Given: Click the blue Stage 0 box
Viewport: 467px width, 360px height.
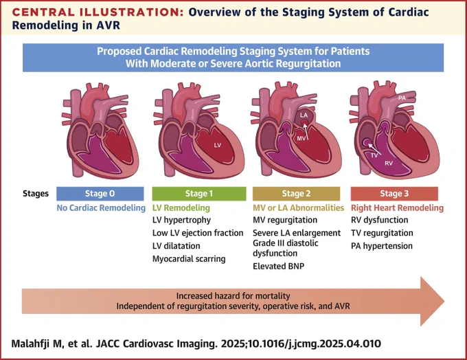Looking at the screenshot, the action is (100, 194).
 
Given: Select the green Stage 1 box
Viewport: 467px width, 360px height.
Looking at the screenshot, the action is (199, 194).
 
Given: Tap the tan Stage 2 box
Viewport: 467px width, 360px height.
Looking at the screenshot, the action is (297, 194).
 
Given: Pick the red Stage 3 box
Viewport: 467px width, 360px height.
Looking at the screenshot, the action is (394, 194).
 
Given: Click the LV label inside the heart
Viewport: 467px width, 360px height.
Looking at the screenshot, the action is (218, 145).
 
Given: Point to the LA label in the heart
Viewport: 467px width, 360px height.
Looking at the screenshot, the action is (304, 115).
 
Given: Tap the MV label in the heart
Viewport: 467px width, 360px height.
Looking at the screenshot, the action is (301, 139).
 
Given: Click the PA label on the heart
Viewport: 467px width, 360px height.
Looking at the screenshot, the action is (402, 98).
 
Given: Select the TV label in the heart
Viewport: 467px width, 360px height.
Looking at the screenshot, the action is (374, 155).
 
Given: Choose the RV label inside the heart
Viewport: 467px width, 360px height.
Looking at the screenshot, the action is (389, 164).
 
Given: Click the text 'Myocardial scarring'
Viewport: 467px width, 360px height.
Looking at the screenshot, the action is (189, 259).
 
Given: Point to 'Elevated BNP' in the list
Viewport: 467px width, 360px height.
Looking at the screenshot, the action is (278, 266).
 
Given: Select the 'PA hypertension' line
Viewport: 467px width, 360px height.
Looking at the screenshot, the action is (382, 246).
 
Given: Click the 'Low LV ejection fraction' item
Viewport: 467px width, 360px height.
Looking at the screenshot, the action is (198, 233).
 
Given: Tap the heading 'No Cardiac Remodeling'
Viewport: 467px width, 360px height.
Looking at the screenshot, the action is (101, 207).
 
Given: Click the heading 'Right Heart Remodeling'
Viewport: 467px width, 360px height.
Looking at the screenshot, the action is (398, 207).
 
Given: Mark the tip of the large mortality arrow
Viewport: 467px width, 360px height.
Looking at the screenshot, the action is (444, 302).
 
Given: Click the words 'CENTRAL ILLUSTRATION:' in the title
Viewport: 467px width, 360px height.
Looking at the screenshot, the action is (98, 12).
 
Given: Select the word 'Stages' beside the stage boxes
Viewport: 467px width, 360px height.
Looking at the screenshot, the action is (36, 194).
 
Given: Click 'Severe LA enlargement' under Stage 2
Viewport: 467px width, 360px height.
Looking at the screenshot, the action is (297, 233).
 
